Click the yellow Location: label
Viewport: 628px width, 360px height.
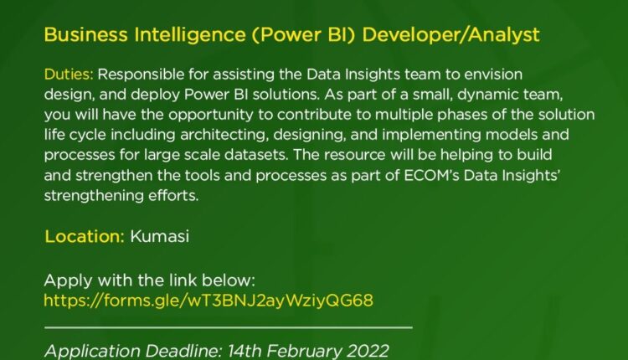[x=84, y=236]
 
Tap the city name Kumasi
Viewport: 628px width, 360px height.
[x=160, y=236]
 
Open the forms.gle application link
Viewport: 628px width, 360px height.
[x=208, y=300]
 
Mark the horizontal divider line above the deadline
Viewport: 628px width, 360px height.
[x=228, y=327]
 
